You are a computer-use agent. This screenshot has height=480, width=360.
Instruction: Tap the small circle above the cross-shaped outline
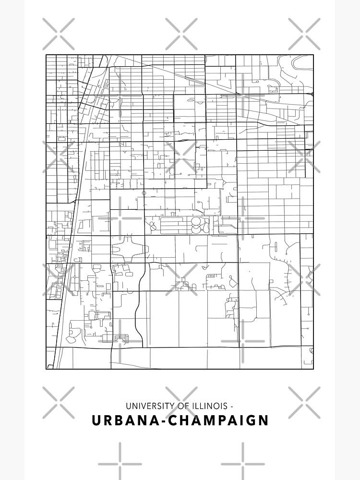point(144,193)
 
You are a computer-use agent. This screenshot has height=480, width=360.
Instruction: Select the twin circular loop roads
point(197,225)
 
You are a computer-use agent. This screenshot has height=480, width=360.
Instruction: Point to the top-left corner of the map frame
point(46,55)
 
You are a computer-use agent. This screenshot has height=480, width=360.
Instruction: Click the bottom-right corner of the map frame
point(313,369)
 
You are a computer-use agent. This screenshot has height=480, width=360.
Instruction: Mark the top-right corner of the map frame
point(313,55)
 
